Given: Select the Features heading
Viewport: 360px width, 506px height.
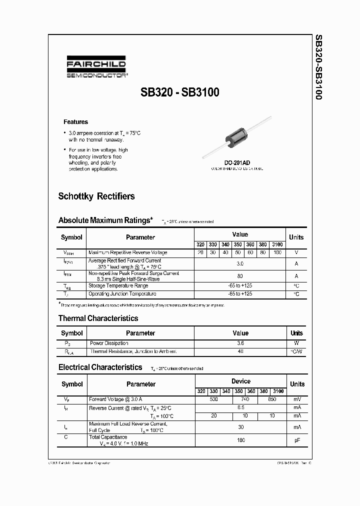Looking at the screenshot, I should pyautogui.click(x=75, y=122).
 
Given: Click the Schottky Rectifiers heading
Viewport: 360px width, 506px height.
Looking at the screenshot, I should pyautogui.click(x=96, y=196).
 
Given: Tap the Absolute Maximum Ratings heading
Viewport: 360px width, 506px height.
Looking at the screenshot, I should pyautogui.click(x=105, y=220).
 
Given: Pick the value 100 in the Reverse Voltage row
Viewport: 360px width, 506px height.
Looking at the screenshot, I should pyautogui.click(x=277, y=252).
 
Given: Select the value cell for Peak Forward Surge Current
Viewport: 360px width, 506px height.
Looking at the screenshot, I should pyautogui.click(x=240, y=276).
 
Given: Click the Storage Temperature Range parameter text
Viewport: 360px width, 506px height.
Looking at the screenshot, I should pyautogui.click(x=118, y=285).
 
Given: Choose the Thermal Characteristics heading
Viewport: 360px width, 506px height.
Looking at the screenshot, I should pyautogui.click(x=98, y=318).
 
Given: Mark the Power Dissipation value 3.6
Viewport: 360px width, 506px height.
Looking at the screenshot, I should pyautogui.click(x=240, y=343).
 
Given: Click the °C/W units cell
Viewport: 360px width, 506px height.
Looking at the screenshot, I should pyautogui.click(x=296, y=351).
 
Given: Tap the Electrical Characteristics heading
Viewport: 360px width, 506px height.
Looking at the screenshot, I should pyautogui.click(x=100, y=367).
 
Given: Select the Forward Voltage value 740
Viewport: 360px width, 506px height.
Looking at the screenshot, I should pyautogui.click(x=245, y=399).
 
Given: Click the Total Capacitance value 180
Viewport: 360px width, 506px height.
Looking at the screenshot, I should pyautogui.click(x=240, y=440).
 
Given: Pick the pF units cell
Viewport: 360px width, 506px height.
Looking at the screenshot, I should pyautogui.click(x=296, y=440).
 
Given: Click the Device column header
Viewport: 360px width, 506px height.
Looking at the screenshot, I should pyautogui.click(x=240, y=381).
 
